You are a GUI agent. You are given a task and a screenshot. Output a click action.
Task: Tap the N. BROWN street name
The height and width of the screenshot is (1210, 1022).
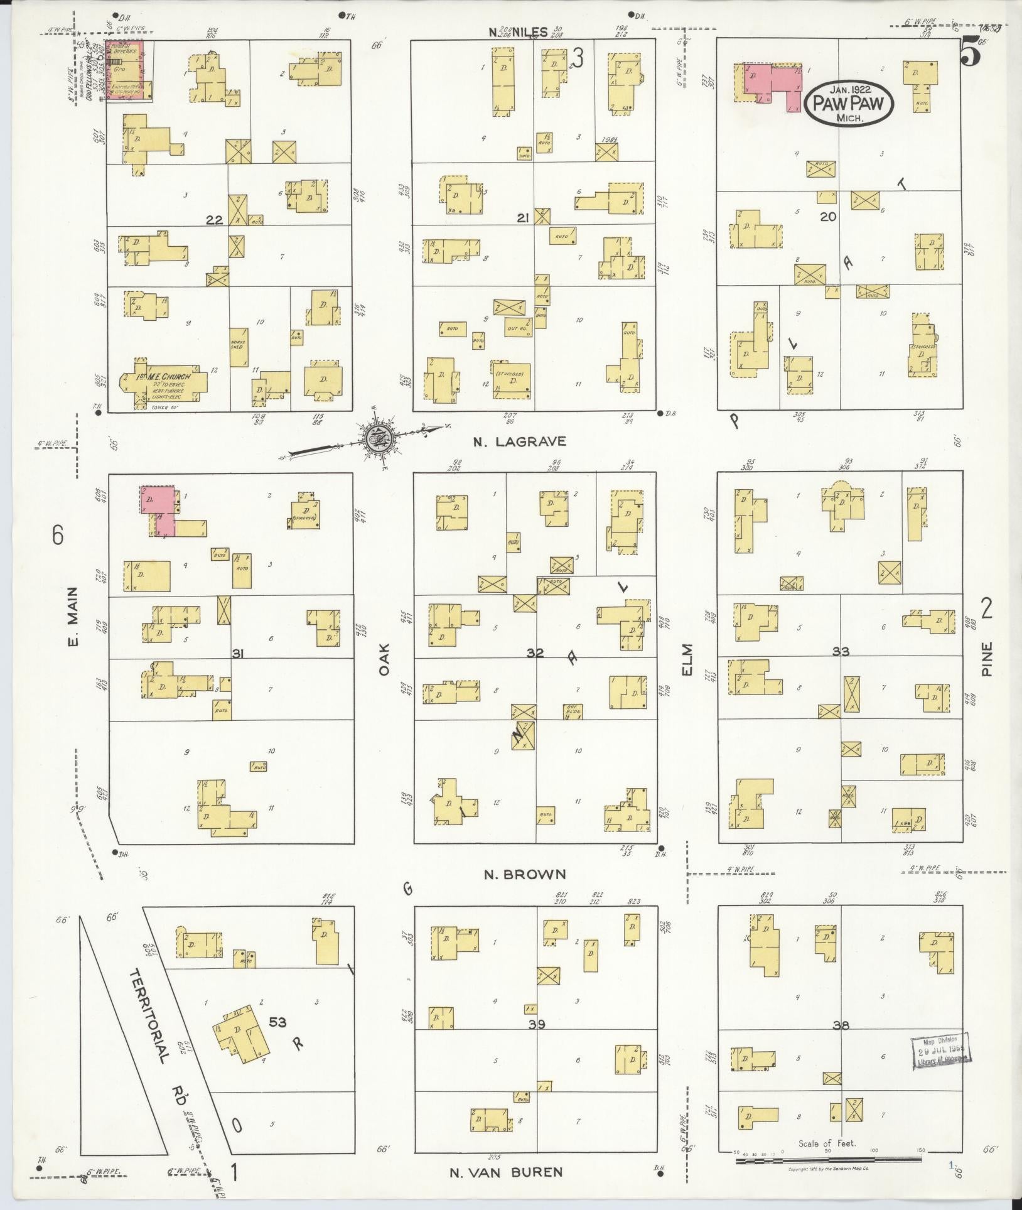pos(525,874)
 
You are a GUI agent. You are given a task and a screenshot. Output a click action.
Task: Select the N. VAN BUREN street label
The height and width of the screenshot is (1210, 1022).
pos(506,1172)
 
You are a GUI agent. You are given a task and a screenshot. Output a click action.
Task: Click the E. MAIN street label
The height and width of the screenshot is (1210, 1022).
pos(72,616)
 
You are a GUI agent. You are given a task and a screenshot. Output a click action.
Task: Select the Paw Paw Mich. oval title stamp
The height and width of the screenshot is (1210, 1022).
pos(848,105)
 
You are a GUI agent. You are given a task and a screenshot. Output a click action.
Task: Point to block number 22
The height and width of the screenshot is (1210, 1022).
pos(215,220)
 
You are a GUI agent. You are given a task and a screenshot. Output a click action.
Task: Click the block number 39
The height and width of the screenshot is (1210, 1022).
pos(536,1025)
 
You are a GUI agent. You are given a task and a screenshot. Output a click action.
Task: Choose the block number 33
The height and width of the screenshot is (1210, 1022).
pos(841,652)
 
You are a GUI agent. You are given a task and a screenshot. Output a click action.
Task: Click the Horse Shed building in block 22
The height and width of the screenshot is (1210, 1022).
pos(239,347)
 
